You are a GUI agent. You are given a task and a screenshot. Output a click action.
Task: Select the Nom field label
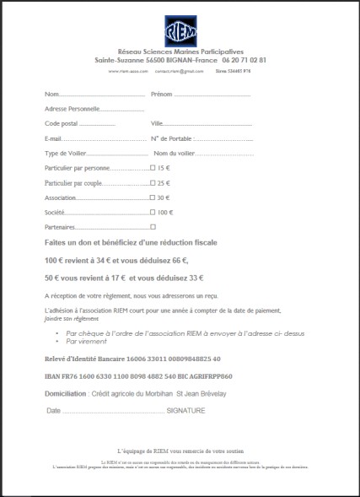pyautogui.click(x=51, y=94)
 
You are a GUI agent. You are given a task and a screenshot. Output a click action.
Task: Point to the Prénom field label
pyautogui.click(x=161, y=94)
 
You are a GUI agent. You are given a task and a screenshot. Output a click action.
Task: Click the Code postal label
pyautogui.click(x=60, y=123)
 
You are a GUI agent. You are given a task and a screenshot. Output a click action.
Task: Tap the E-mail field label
pyautogui.click(x=53, y=138)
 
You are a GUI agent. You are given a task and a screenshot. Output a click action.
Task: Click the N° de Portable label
pyautogui.click(x=171, y=138)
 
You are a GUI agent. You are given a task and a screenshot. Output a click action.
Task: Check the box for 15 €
pyautogui.click(x=152, y=169)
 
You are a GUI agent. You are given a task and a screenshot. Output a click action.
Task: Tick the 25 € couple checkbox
pyautogui.click(x=152, y=183)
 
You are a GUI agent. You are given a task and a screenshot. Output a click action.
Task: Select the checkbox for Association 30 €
pyautogui.click(x=152, y=197)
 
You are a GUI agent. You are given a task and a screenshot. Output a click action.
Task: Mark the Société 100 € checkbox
pyautogui.click(x=152, y=213)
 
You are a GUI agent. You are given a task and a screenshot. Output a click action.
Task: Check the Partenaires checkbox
pyautogui.click(x=152, y=227)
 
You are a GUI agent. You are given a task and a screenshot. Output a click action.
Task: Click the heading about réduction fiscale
pyautogui.click(x=124, y=242)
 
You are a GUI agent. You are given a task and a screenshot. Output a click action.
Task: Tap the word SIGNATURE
pyautogui.click(x=186, y=411)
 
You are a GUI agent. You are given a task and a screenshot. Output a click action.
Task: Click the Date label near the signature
pyautogui.click(x=54, y=411)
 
